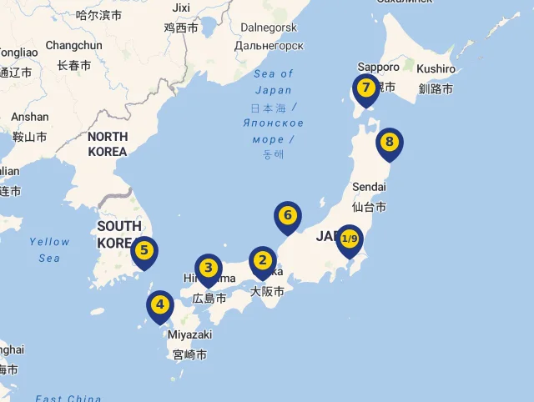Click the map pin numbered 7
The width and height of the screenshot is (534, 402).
click(365, 88)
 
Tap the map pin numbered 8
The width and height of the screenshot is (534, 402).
click(389, 143)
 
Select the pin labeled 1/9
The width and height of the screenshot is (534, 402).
click(349, 240)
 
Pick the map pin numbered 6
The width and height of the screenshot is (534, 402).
click(288, 216)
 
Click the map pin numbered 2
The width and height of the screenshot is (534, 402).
click(263, 261)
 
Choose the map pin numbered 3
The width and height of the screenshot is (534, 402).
click(209, 269)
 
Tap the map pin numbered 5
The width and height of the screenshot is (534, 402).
click(144, 250)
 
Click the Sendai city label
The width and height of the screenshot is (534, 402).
click(370, 187)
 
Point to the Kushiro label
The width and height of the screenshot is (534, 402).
click(436, 68)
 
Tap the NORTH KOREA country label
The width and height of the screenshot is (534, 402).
click(108, 143)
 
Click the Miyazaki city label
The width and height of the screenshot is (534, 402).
click(190, 334)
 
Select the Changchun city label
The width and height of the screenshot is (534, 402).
click(73, 45)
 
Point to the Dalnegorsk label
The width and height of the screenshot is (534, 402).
click(270, 27)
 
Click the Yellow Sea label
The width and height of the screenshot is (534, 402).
click(49, 249)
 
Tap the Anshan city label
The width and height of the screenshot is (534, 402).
click(30, 117)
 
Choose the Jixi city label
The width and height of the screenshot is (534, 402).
click(181, 8)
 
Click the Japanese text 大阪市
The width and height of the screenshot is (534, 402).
click(267, 291)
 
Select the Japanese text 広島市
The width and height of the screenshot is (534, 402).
click(209, 298)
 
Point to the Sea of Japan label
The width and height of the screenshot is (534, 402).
click(274, 82)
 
